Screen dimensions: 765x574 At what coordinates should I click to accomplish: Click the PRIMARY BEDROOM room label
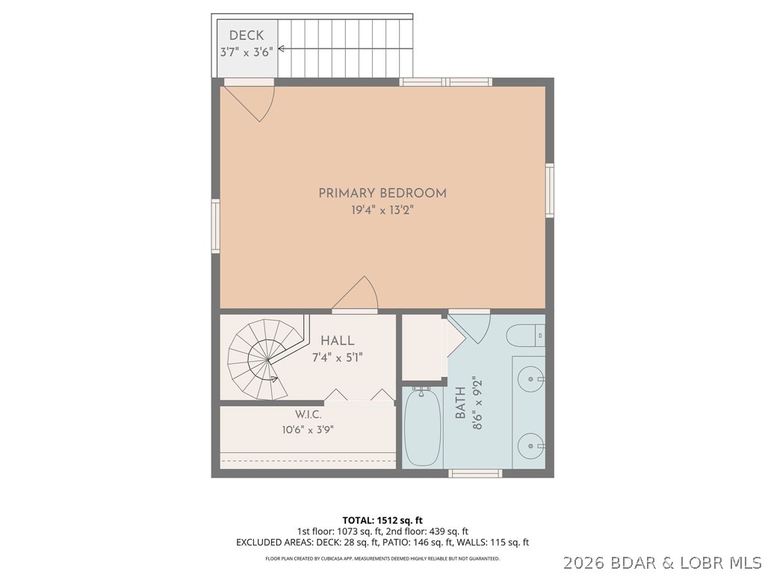point(382,193)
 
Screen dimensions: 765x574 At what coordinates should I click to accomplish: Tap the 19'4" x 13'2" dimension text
point(383,210)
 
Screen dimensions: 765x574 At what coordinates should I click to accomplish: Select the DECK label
point(247,35)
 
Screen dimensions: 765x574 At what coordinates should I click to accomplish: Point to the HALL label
point(337,341)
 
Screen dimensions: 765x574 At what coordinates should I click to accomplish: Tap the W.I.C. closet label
point(308,415)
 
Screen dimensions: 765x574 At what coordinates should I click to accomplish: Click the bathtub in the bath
point(423,426)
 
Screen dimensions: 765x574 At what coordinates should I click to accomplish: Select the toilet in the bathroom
point(525,336)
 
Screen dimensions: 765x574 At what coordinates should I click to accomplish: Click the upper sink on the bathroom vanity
point(530,379)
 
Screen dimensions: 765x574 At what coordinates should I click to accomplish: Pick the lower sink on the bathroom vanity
point(530,445)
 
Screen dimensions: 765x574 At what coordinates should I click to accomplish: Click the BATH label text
point(460,403)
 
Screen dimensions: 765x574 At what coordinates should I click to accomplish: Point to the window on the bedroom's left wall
point(215,226)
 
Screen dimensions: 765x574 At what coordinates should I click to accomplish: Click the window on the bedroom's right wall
point(549,191)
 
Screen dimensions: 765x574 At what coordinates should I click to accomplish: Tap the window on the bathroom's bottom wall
point(475,473)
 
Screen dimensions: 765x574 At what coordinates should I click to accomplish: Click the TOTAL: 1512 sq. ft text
point(379,520)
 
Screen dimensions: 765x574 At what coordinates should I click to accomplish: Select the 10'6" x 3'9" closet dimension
point(308,430)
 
